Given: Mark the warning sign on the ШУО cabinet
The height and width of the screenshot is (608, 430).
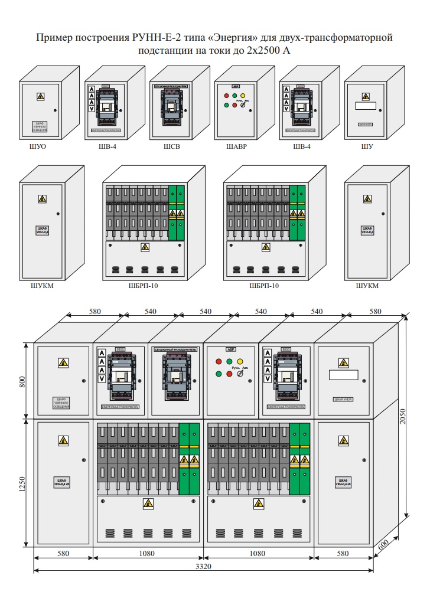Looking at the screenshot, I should coord(41,96).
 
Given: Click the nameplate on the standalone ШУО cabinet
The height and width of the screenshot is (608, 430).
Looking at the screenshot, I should coord(41,127).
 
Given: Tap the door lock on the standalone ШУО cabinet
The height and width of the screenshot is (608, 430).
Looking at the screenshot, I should coord(55,110).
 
